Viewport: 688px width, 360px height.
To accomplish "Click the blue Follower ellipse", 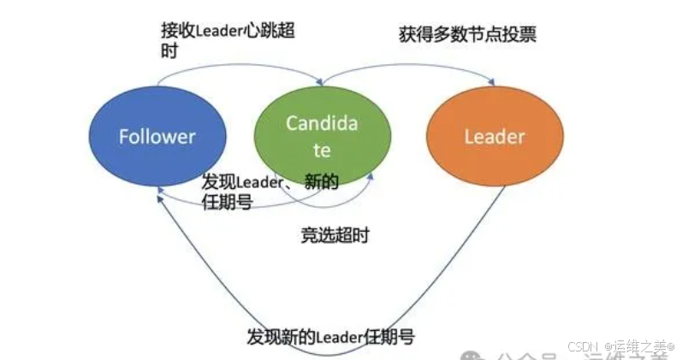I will [x=157, y=137].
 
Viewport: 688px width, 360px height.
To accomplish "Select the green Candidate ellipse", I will [x=322, y=137].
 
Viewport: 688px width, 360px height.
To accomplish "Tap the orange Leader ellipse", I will [x=495, y=137].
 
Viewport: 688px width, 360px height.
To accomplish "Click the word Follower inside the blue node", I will [x=157, y=137].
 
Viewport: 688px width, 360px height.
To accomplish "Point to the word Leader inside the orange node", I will [x=495, y=137].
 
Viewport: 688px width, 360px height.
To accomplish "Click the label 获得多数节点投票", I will [x=467, y=36].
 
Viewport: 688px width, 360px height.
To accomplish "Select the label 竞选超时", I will [x=335, y=234].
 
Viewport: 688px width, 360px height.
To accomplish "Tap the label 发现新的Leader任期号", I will [x=330, y=336].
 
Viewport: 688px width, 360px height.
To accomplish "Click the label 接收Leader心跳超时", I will [x=229, y=30].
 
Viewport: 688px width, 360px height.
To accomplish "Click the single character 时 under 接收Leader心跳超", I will [x=169, y=50].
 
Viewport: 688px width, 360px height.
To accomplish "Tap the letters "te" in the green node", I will [x=322, y=151].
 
